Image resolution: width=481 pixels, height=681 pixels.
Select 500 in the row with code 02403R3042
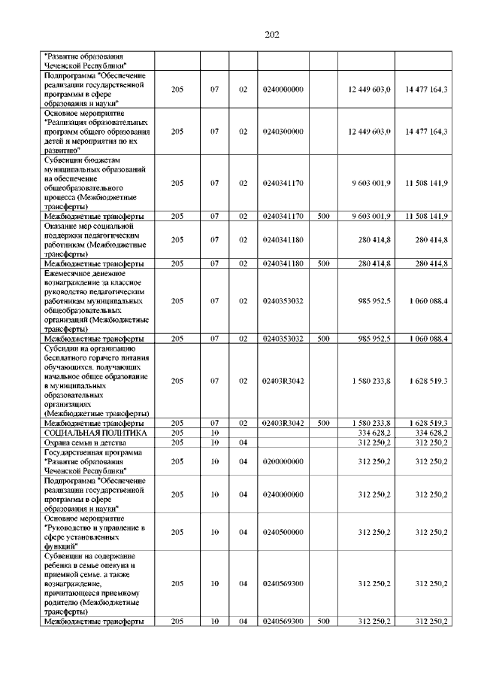pos(323,423)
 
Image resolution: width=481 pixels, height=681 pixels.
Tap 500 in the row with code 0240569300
pos(323,621)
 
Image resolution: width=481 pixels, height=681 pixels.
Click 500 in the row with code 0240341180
pos(323,263)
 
